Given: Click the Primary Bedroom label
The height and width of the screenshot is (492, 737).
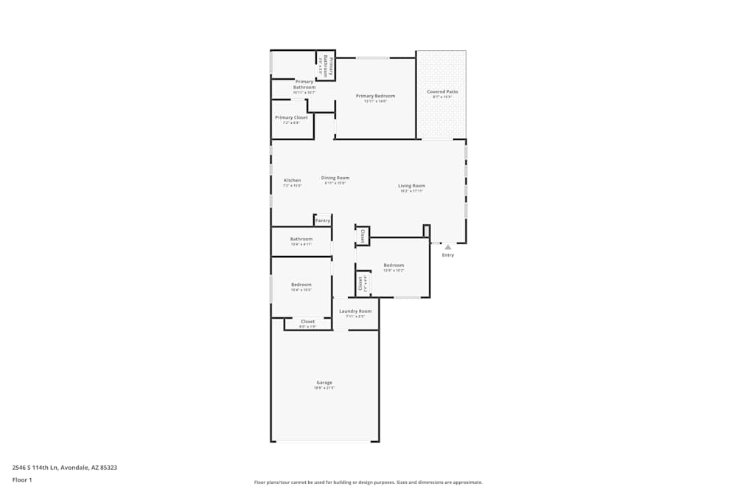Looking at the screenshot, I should (x=375, y=96).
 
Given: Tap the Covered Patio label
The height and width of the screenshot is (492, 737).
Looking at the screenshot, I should (x=442, y=91).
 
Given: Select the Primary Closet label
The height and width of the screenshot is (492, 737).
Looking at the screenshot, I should (x=291, y=117).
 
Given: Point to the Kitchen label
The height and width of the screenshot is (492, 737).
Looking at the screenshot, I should (x=293, y=180).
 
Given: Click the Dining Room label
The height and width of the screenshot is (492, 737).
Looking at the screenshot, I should (x=335, y=178).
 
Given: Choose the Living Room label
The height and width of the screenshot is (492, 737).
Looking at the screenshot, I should (x=411, y=186).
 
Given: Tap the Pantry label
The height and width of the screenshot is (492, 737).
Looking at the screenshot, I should (x=323, y=220).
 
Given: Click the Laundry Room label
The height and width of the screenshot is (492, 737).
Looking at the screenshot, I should (x=355, y=311).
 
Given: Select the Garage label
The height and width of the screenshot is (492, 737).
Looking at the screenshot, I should (x=324, y=382).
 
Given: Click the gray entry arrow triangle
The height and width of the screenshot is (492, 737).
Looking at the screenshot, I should (x=447, y=247).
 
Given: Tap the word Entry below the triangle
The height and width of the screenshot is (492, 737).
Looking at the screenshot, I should (x=448, y=255).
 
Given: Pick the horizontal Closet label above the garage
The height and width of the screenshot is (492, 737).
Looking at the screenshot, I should (x=307, y=322).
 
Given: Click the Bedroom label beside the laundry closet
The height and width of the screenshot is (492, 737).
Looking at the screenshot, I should (x=394, y=266).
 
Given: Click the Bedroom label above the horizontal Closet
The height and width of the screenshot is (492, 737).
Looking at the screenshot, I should (x=301, y=285).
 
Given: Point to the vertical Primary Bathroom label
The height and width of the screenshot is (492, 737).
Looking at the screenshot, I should (x=331, y=66).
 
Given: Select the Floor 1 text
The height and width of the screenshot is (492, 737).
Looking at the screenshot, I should (x=22, y=479).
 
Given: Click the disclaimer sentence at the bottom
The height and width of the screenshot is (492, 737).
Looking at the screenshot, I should (x=368, y=482).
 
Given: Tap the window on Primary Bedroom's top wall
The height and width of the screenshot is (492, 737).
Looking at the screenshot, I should (x=373, y=58).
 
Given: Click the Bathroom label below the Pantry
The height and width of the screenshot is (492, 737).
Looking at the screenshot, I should (x=301, y=239).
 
